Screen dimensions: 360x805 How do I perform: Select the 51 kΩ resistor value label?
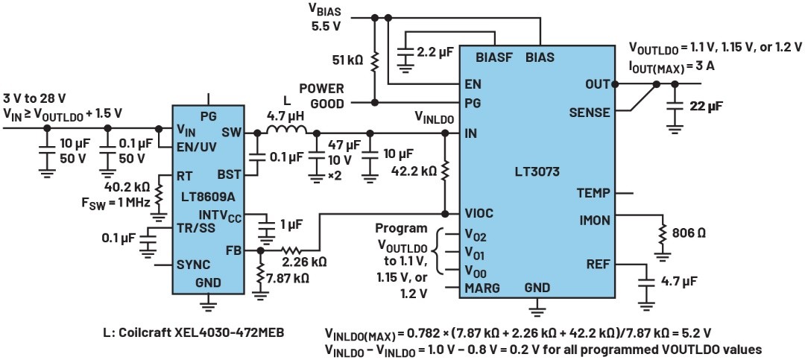(x=349, y=59)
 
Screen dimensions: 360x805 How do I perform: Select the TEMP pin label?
(x=594, y=192)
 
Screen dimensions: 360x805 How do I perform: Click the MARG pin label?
(x=482, y=287)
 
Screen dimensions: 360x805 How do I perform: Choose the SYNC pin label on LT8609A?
(x=193, y=264)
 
